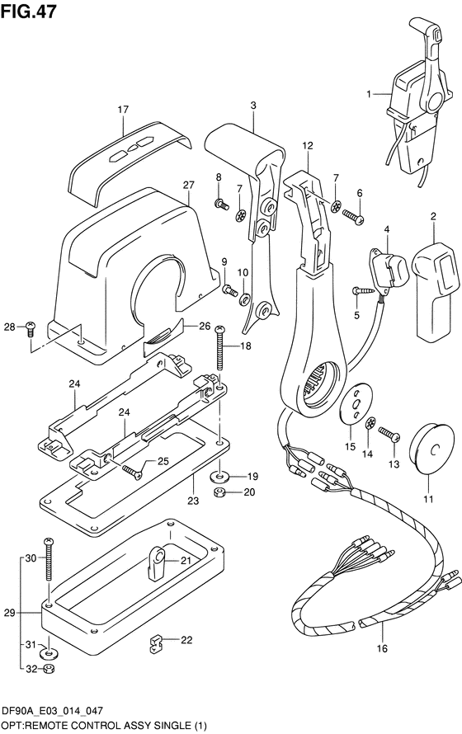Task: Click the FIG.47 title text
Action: click(29, 12)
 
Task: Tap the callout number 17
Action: click(123, 110)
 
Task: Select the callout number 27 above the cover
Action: click(188, 185)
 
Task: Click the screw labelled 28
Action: click(31, 327)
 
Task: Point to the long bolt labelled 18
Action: click(219, 348)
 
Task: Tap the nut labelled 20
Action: click(219, 492)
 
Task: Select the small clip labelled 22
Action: click(155, 643)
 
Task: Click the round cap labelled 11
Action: click(431, 449)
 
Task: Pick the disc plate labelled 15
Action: click(355, 403)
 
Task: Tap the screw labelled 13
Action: click(389, 434)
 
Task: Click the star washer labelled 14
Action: click(370, 423)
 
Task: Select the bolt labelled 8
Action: click(221, 204)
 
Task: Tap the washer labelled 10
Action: click(244, 299)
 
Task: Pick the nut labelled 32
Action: click(48, 669)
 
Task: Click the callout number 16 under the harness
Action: click(382, 648)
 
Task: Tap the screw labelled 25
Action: click(132, 472)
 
